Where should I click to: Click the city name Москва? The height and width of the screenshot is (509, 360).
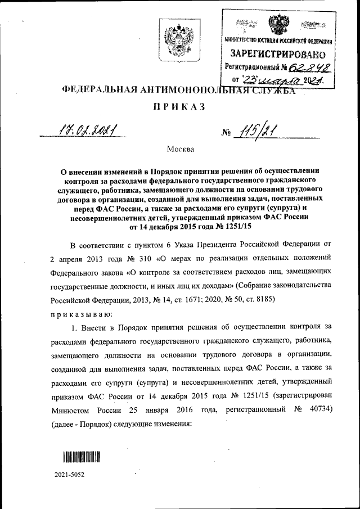pos(180,149)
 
